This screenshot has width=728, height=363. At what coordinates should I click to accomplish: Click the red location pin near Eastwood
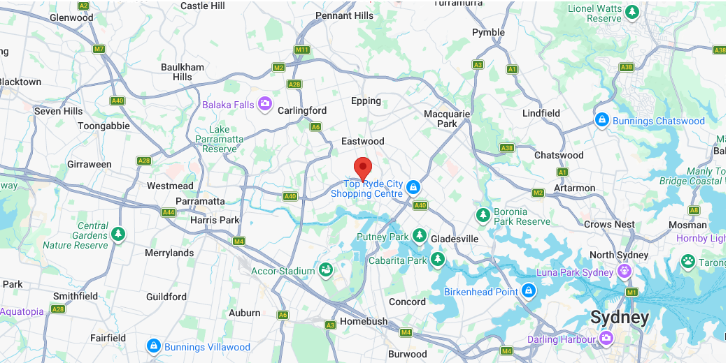click(x=362, y=168)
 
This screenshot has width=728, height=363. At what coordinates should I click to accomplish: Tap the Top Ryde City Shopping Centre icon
click(x=413, y=187)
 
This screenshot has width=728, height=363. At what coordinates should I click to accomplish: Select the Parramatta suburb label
click(x=200, y=201)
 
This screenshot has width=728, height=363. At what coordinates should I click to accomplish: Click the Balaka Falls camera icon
click(x=265, y=105)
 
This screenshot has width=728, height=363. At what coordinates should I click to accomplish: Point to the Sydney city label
click(x=620, y=318)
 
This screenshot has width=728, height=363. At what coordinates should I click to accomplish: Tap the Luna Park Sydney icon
click(x=624, y=272)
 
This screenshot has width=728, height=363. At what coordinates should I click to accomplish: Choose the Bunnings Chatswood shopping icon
click(x=601, y=121)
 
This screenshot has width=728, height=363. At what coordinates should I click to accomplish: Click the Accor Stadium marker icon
click(x=325, y=270)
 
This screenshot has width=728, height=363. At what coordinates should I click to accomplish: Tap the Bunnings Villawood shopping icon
click(x=153, y=346)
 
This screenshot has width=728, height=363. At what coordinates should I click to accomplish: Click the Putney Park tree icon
click(x=420, y=237)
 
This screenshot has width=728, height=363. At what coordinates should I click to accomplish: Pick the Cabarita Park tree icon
click(x=438, y=260)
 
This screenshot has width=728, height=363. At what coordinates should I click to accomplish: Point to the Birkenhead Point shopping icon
click(x=529, y=291)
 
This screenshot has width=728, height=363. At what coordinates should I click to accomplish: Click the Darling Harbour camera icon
click(x=606, y=339)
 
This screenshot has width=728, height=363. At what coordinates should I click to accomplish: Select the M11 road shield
click(x=302, y=50)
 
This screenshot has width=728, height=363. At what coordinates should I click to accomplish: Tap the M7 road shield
click(x=99, y=49)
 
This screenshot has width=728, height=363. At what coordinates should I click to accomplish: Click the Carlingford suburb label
click(x=302, y=110)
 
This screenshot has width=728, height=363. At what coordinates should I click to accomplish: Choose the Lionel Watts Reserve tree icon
click(x=632, y=12)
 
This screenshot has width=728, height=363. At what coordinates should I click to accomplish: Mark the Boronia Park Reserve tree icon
click(x=483, y=216)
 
